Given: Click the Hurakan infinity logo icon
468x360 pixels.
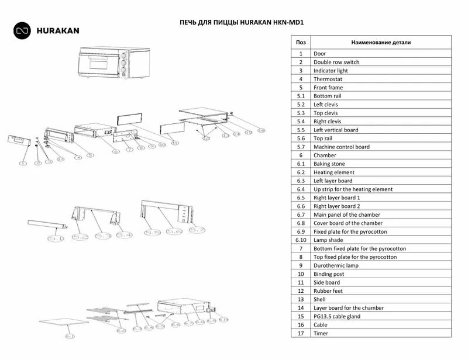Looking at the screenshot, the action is pos(23,30).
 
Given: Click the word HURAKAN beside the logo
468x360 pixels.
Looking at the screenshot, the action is pos(57,30).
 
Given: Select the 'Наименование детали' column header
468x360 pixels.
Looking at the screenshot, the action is pos(381,43).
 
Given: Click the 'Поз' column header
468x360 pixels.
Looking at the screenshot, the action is pos(301,43).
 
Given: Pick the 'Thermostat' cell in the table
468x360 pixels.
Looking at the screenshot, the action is pos(328,79).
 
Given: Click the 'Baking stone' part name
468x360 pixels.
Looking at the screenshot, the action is pos(331,164).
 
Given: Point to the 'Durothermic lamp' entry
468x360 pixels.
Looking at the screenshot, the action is pos(336,265).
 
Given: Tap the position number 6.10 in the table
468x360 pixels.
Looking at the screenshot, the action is pos(301,240).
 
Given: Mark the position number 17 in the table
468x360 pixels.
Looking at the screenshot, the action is pos(301,333).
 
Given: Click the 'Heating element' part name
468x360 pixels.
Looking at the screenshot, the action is pos(334,172).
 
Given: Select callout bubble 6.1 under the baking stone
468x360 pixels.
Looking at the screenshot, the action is pos(70,337).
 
